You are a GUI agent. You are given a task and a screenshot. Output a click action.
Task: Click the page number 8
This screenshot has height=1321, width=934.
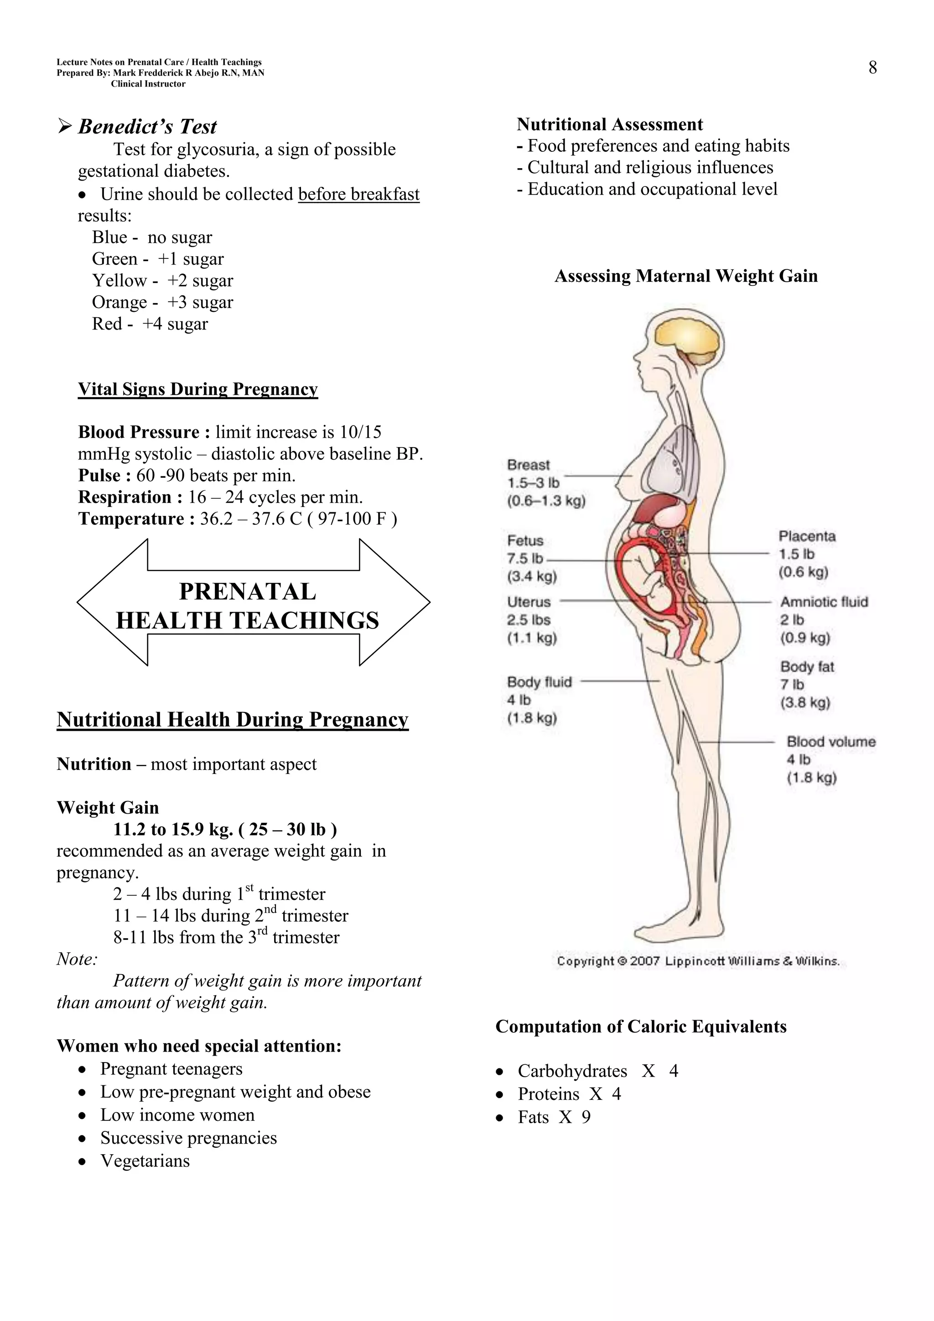[872, 68]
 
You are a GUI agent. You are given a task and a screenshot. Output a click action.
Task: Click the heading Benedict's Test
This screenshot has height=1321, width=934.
[147, 127]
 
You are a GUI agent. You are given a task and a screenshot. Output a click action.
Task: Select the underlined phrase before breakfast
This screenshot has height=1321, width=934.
[358, 195]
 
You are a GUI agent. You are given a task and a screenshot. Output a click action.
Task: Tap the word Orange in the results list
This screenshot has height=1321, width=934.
[119, 303]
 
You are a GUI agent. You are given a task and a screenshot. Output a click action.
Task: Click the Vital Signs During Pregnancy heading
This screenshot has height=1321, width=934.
[197, 390]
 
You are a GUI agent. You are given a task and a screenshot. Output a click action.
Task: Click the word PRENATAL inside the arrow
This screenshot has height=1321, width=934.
[248, 592]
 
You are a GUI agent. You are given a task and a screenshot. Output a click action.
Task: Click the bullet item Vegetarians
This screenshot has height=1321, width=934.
[145, 1161]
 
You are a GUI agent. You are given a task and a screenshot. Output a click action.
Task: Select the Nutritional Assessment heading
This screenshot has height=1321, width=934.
[609, 125]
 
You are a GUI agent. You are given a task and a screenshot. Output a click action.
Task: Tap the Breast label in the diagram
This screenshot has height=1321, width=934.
[528, 465]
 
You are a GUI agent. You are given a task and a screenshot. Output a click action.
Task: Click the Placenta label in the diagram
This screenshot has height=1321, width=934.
[807, 536]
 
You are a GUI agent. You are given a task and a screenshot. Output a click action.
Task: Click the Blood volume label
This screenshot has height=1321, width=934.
[831, 742]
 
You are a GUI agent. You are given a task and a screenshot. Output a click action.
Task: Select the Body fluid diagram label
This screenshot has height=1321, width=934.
[539, 682]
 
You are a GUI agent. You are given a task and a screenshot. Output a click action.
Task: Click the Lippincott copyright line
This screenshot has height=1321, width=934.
[698, 961]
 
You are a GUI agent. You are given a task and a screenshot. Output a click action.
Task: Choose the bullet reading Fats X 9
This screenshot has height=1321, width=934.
[554, 1117]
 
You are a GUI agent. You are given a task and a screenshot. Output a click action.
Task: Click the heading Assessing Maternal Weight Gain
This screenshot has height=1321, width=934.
[686, 276]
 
